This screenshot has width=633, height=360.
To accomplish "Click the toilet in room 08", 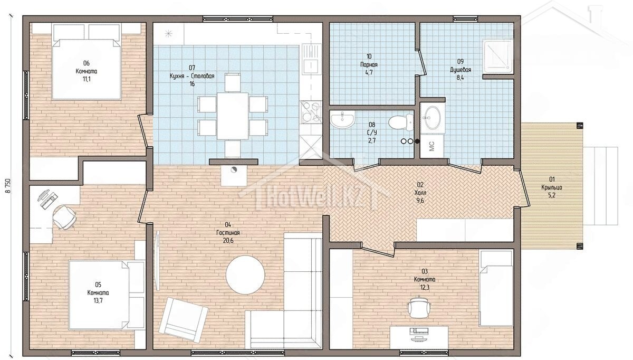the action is point(401,122).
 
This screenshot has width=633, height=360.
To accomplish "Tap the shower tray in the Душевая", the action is point(497,58).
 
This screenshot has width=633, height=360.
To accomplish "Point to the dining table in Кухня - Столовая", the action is point(233,116).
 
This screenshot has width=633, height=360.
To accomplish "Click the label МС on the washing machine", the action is point(431,146).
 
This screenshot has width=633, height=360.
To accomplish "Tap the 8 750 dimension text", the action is point(8,185).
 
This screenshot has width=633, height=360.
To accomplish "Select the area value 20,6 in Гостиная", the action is point(228,241).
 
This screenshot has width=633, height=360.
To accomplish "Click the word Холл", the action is point(420,193).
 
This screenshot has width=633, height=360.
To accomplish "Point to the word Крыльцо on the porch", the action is point(552,187).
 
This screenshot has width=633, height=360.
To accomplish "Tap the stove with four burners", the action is point(311,112).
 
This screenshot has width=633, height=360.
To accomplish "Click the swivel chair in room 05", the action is point(65,217).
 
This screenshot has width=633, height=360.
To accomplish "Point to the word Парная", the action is point(369,64).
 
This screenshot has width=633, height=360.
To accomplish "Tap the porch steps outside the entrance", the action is point(601,186).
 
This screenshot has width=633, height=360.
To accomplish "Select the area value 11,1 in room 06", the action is point(87,79).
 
